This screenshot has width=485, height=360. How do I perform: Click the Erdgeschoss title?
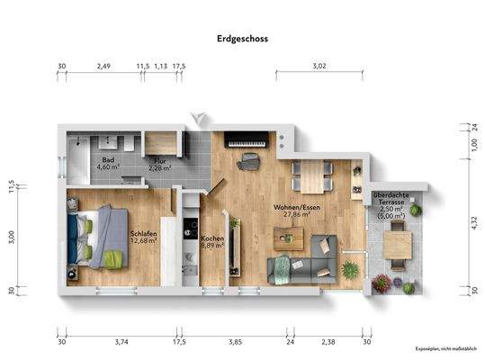tap(242, 39)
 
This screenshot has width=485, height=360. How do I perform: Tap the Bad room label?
tap(108, 162)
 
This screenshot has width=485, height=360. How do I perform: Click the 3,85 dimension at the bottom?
tap(236, 342)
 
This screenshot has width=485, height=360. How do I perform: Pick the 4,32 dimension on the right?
tap(473, 223)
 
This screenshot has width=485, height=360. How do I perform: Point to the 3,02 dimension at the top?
tap(319, 66)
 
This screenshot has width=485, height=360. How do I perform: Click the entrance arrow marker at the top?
tap(199, 117)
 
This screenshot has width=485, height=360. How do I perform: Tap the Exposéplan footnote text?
tap(445, 348)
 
